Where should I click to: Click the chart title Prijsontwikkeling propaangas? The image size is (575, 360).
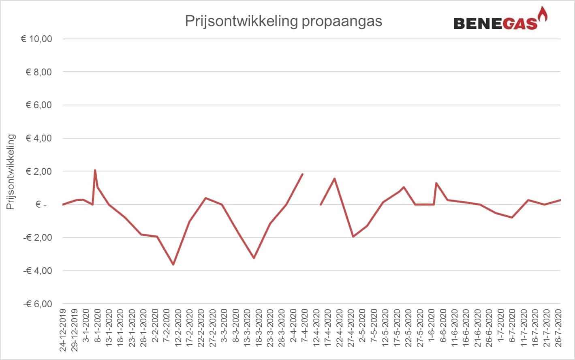pyautogui.click(x=283, y=21)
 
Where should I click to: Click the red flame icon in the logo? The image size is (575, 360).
pyautogui.click(x=542, y=14)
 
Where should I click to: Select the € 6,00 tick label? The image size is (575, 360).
pyautogui.click(x=39, y=105)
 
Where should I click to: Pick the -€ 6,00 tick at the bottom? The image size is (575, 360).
pyautogui.click(x=38, y=304)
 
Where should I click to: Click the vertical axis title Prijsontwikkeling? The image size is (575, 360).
pyautogui.click(x=11, y=172)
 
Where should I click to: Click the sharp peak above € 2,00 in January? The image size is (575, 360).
pyautogui.click(x=95, y=170)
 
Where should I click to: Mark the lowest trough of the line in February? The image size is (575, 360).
pyautogui.click(x=173, y=264)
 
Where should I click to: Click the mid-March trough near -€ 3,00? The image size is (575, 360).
pyautogui.click(x=254, y=258)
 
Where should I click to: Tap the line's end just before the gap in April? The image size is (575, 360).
pyautogui.click(x=302, y=174)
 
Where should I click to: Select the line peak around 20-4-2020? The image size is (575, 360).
pyautogui.click(x=334, y=178)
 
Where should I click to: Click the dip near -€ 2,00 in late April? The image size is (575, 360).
pyautogui.click(x=353, y=236)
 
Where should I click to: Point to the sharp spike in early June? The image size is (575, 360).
pyautogui.click(x=436, y=183)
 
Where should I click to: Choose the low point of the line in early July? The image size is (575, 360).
pyautogui.click(x=513, y=217)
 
